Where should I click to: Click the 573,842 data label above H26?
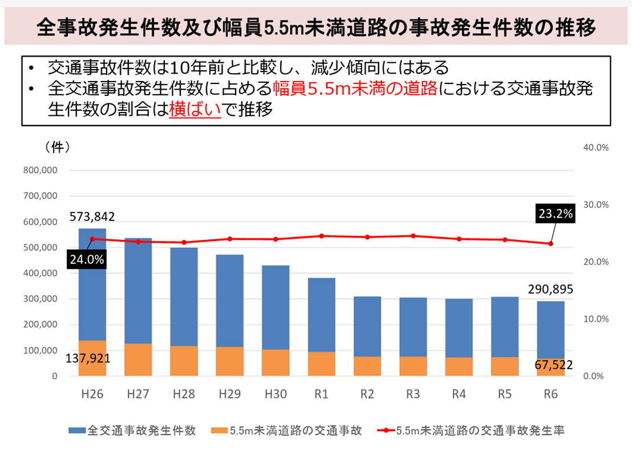point(92,217)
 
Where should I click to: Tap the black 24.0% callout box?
point(87,259)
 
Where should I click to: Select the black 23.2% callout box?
point(555,215)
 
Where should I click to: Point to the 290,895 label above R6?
point(550,289)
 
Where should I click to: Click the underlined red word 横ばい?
point(195,110)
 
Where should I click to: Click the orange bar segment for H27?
point(138,359)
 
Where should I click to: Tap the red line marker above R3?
point(413,236)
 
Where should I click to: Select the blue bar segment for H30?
point(276,307)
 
